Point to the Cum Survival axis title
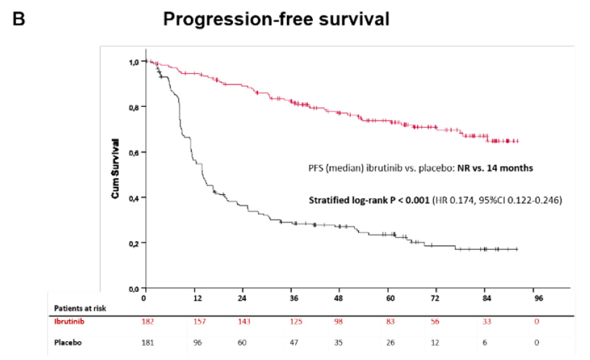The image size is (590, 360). pos(116,169)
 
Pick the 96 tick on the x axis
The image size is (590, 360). pos(538,298)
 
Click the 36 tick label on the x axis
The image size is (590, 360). pos(295,298)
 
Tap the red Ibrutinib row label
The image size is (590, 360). pos(69,321)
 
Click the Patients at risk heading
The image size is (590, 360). pos(81,308)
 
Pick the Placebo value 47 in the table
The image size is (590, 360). pos(295,343)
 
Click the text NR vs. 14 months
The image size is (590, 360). pos(495,168)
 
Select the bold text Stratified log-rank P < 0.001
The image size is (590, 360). pos(369,201)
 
